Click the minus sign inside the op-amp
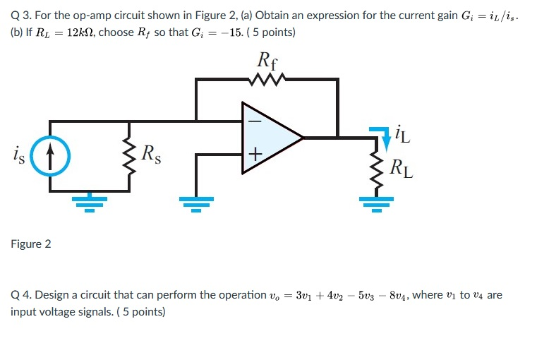tap(255, 121)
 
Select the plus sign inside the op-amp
tap(255, 153)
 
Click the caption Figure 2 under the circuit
tap(31, 244)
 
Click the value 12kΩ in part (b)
tap(77, 32)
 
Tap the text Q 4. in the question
tap(22, 294)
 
